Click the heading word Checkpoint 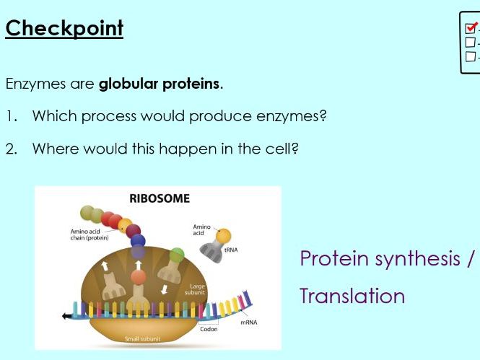(x=64, y=28)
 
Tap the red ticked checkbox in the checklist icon (x=471, y=28)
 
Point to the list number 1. (x=10, y=116)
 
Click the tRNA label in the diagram (x=231, y=250)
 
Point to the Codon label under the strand (x=209, y=329)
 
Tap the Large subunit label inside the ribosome (x=196, y=289)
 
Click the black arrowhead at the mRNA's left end (x=66, y=315)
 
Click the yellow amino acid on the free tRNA (x=223, y=235)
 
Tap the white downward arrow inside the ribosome (x=165, y=289)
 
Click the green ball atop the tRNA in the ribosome (x=177, y=255)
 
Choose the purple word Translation (x=352, y=296)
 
